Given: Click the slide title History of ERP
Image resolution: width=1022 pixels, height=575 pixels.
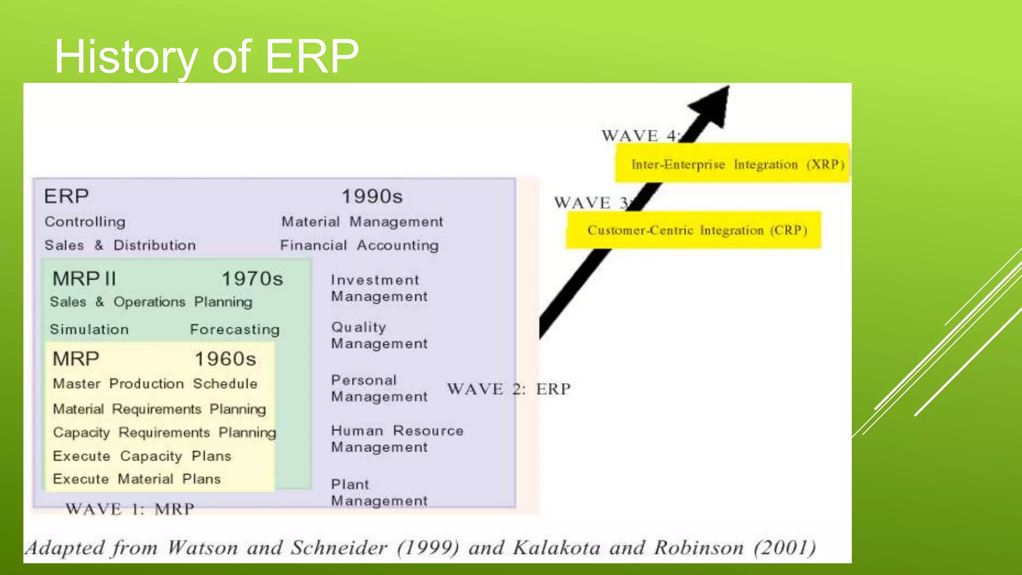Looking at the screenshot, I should [206, 57].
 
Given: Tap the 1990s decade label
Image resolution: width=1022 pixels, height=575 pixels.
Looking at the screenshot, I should [372, 197].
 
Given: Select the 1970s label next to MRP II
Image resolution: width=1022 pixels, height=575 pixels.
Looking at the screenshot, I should [252, 279].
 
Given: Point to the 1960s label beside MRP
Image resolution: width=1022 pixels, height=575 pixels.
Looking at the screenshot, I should [226, 359].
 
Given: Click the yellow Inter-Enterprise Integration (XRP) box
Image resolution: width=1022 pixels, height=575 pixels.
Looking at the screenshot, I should [732, 164].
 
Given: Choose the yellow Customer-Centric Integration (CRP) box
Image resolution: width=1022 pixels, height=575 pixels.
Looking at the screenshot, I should [694, 230].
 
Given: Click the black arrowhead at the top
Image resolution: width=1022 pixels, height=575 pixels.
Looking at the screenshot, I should [713, 104].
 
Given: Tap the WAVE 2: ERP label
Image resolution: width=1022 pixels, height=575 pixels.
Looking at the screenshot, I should [509, 389].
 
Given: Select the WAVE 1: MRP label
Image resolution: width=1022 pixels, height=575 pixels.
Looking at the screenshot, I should [130, 509].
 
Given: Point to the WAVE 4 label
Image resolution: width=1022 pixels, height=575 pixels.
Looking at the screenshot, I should [639, 136].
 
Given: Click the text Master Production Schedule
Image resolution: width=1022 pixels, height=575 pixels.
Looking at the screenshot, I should [155, 384].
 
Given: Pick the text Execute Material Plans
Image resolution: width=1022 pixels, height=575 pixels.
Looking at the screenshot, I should [137, 479].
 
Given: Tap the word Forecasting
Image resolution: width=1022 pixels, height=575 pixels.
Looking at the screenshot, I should [235, 329].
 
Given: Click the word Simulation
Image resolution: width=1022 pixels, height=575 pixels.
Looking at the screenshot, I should [89, 329].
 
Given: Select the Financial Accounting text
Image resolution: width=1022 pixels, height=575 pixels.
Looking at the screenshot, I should [359, 245].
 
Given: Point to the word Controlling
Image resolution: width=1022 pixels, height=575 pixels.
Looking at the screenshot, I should [85, 222].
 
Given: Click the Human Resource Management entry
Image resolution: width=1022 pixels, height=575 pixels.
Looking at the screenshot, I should [397, 439].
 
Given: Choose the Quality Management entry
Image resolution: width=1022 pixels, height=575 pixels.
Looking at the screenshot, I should [379, 335].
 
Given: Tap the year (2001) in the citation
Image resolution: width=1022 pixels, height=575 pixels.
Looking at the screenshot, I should [785, 548].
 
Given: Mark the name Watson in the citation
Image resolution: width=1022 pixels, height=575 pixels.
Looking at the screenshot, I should [202, 548].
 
